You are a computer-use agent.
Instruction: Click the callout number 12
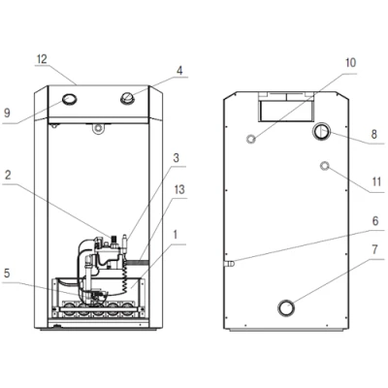tap(42, 59)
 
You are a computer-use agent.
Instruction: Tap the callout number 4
tap(179, 70)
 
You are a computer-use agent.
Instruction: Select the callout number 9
tap(7, 113)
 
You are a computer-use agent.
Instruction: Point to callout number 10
tap(350, 62)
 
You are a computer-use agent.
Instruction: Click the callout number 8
tap(374, 134)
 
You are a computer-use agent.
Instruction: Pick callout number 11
tap(376, 181)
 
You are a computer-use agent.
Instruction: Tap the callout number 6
tap(375, 221)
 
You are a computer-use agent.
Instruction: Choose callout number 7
tap(374, 250)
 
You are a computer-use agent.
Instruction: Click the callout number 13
tap(179, 189)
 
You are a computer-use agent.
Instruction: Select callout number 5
tap(7, 274)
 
